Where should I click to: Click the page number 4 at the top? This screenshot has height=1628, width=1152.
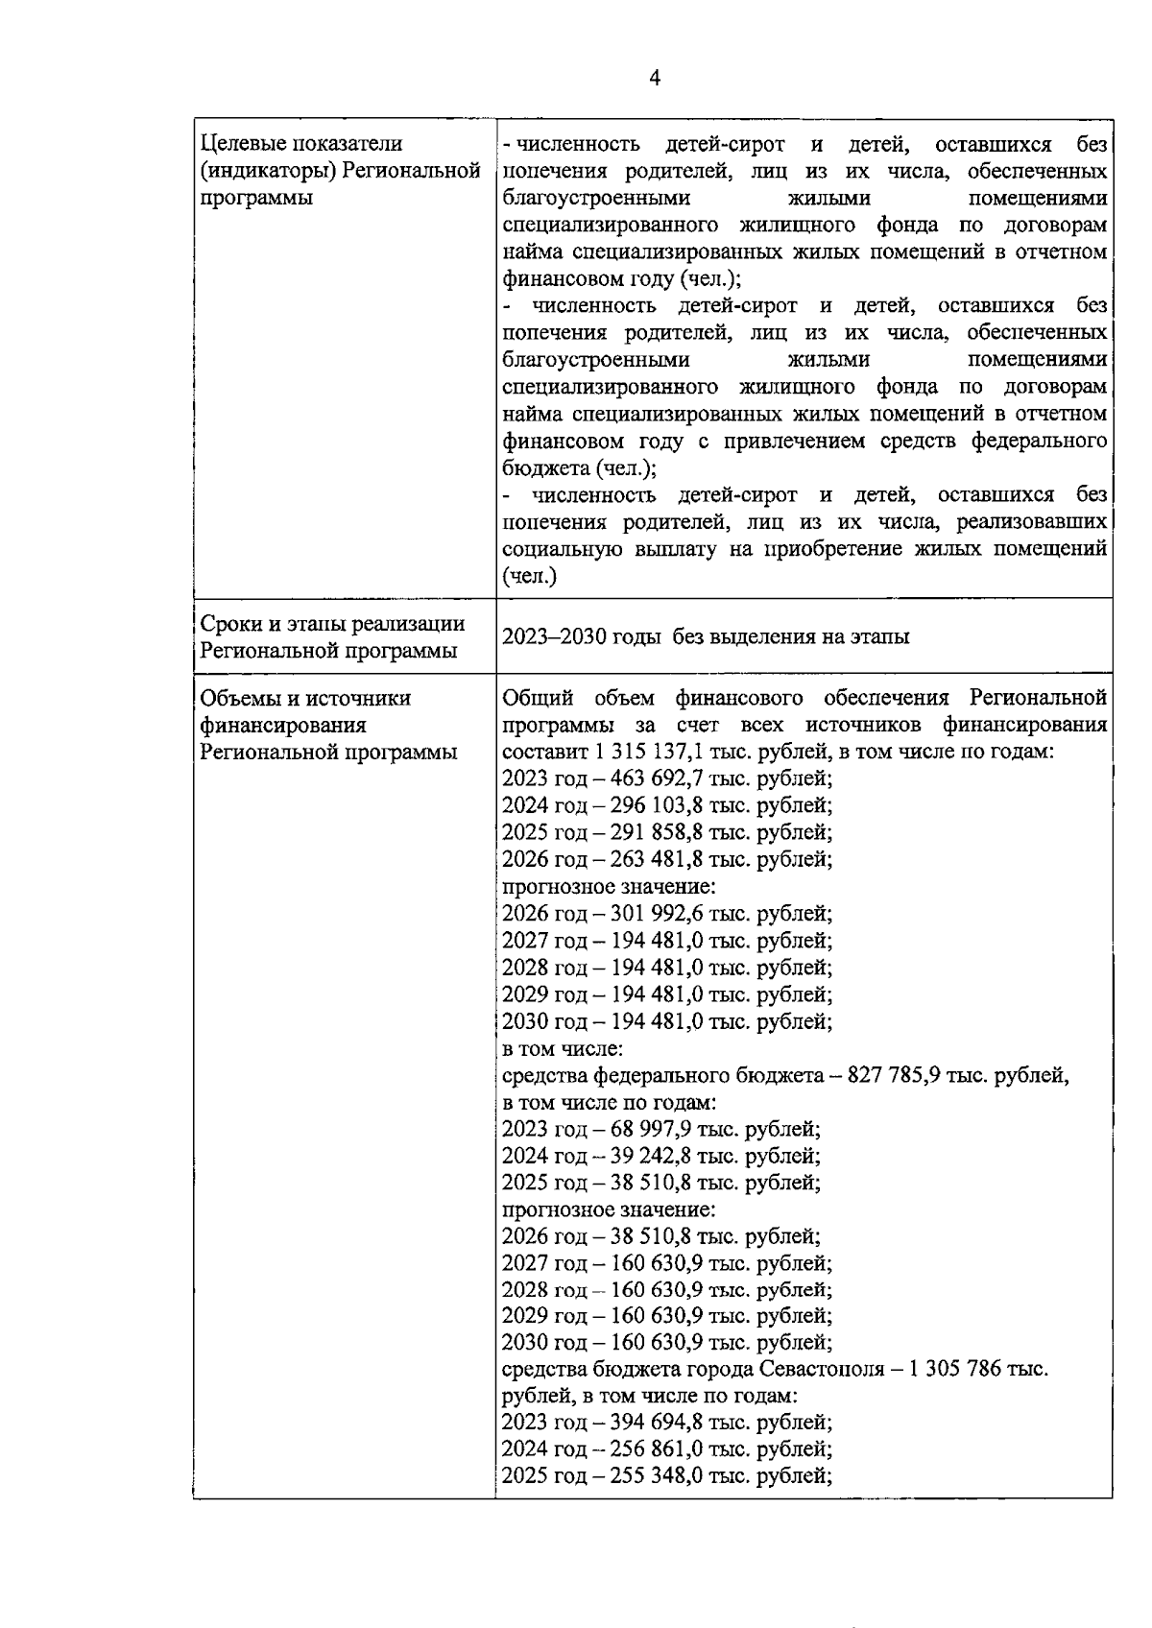655,79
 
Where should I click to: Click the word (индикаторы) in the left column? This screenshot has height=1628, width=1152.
267,171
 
